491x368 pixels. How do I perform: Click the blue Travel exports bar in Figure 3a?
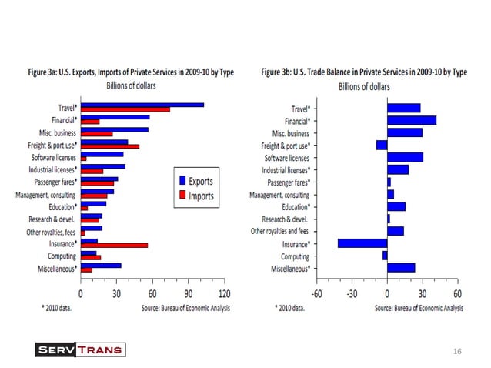(142, 105)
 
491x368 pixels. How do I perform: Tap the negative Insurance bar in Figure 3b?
(362, 243)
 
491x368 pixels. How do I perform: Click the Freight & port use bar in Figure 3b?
(382, 145)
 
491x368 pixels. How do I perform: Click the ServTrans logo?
(82, 351)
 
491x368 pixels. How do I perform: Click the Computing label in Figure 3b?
(295, 256)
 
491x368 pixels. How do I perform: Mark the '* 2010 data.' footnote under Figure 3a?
(57, 308)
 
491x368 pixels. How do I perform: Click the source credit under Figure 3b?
(419, 308)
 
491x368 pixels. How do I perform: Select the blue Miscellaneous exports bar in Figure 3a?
(101, 266)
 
